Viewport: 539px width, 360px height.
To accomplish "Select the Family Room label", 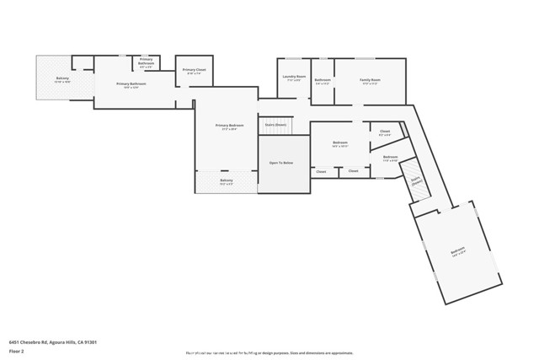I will pos(370,79).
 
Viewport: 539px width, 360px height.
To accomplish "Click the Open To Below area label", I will pos(280,163).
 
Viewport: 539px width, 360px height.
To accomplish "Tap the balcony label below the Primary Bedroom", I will pos(227,180).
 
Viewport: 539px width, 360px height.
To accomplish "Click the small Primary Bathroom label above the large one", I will pos(146,61).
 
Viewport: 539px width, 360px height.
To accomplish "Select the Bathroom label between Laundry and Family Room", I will pos(323,79).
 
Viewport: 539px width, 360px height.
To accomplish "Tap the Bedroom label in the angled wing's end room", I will pos(457,250).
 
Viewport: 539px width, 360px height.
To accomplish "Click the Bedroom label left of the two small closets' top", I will pos(340,142).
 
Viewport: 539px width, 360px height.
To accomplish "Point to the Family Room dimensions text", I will pos(370,83).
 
